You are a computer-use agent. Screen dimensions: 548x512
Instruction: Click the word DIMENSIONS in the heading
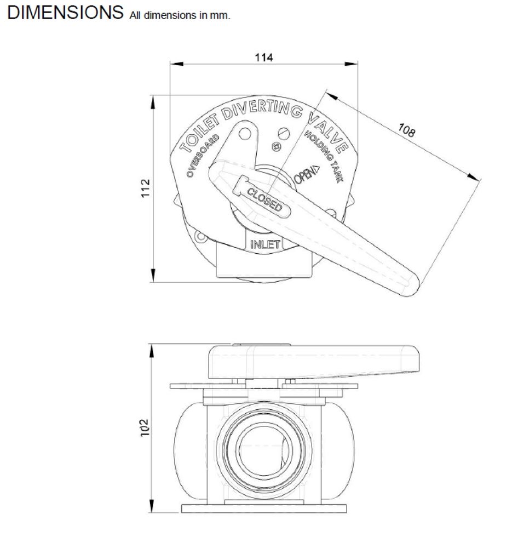click(65, 13)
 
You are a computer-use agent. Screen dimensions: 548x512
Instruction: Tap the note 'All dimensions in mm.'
click(180, 15)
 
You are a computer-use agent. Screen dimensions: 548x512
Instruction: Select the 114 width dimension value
click(263, 57)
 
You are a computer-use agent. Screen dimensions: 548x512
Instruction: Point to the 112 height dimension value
click(145, 188)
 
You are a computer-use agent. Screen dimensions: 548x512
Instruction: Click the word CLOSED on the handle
click(264, 199)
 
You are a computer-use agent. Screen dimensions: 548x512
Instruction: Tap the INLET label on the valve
click(266, 244)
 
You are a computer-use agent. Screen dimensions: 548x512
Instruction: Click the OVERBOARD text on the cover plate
click(203, 156)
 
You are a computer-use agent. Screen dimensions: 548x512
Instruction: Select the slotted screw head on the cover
click(283, 133)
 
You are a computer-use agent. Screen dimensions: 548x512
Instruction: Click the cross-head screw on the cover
click(277, 147)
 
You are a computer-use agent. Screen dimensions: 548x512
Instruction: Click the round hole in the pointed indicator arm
click(245, 133)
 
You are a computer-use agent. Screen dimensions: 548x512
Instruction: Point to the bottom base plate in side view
click(263, 509)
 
